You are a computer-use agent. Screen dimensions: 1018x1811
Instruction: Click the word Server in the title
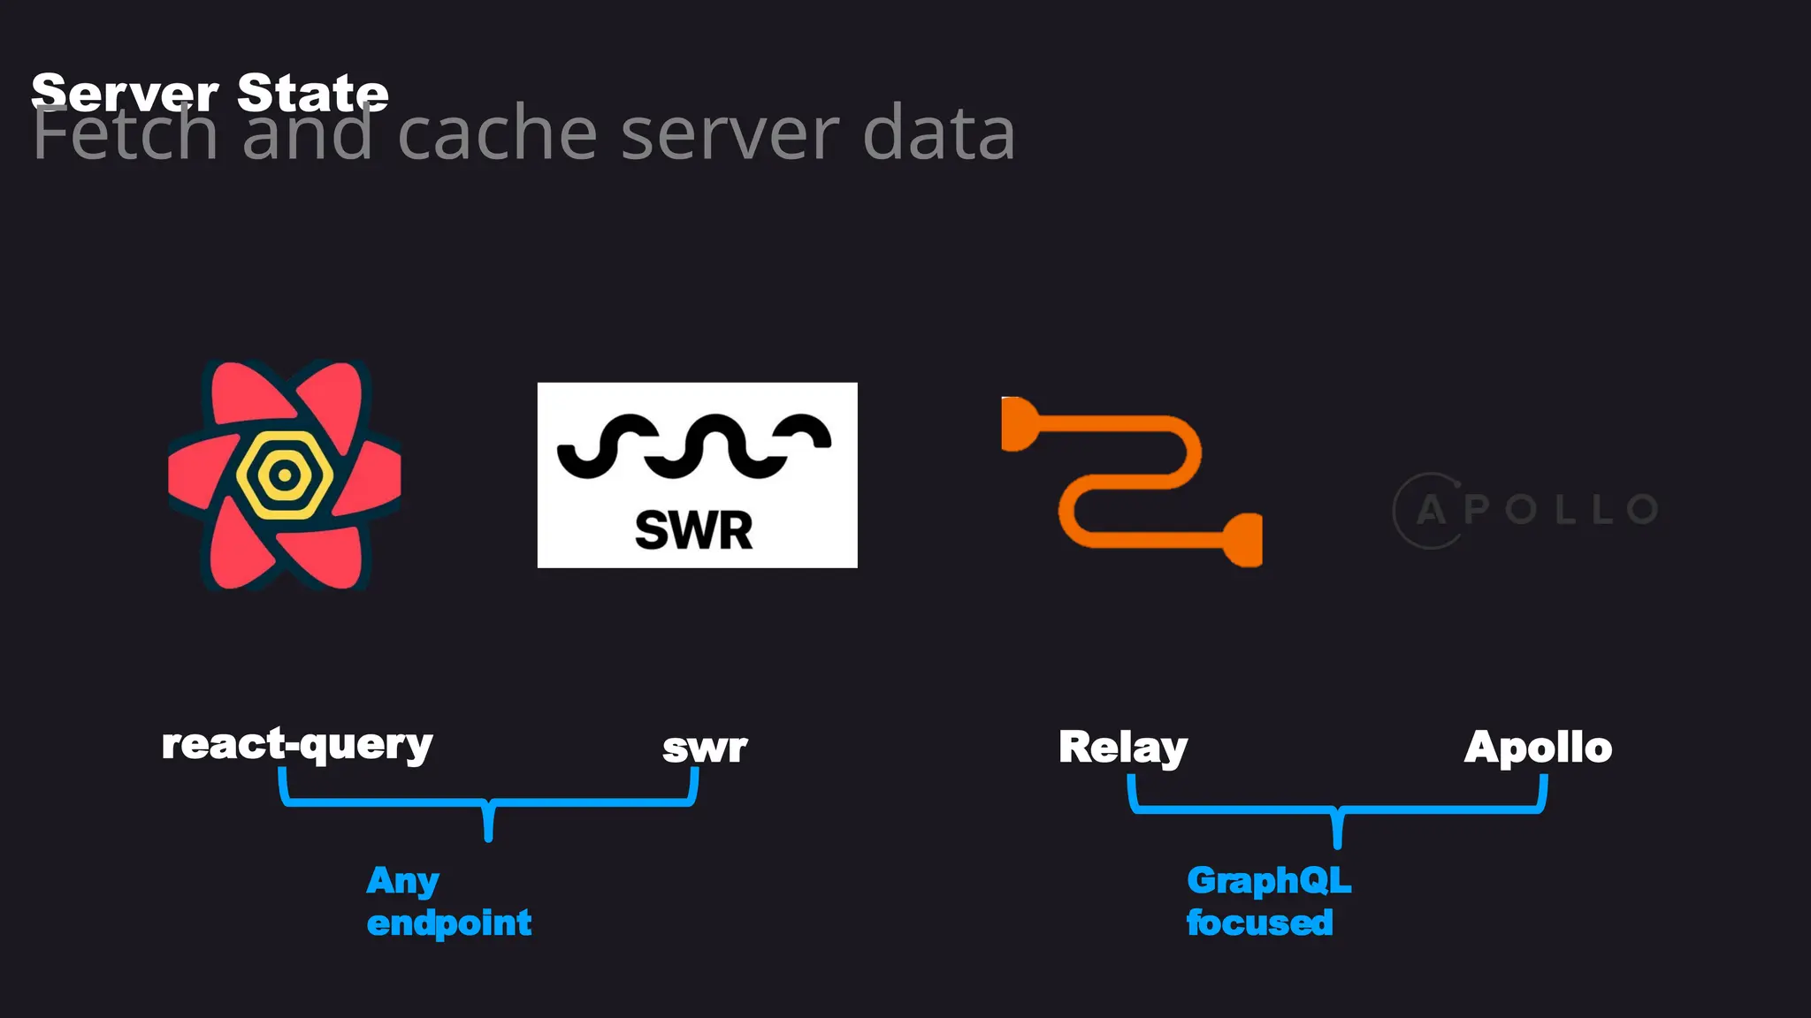124,93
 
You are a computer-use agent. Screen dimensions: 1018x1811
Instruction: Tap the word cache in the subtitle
498,134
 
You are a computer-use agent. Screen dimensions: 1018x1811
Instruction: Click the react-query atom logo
284,475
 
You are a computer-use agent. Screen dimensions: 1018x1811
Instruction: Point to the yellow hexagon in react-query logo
284,475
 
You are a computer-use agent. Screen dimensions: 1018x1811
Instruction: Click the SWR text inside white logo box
693,530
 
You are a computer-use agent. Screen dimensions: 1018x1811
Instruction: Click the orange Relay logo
1132,482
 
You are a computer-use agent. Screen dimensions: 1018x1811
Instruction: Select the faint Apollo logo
1525,510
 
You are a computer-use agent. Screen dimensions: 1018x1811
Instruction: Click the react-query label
297,745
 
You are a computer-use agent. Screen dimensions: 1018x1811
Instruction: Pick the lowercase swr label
705,748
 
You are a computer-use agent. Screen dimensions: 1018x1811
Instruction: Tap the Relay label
1123,748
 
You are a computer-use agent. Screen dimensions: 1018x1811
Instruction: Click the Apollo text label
1538,748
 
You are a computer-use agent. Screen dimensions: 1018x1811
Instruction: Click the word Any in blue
402,881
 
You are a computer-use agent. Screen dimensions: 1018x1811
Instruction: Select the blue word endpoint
448,923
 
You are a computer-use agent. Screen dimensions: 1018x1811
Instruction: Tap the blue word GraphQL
1269,881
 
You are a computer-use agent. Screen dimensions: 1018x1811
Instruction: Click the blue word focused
1259,923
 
